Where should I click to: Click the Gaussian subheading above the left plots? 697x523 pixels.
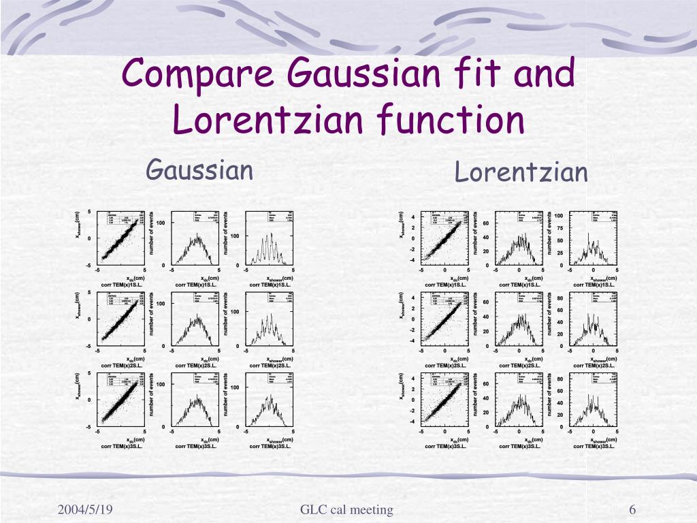200,170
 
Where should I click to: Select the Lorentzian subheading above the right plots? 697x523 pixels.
521,172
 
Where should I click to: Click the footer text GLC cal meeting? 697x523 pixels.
346,510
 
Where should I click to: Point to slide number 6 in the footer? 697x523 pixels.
632,510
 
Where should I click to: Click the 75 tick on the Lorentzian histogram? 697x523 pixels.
559,228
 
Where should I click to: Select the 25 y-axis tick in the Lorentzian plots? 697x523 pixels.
559,253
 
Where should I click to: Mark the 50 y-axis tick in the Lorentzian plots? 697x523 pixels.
559,240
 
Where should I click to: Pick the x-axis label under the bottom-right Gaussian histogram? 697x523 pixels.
279,440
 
